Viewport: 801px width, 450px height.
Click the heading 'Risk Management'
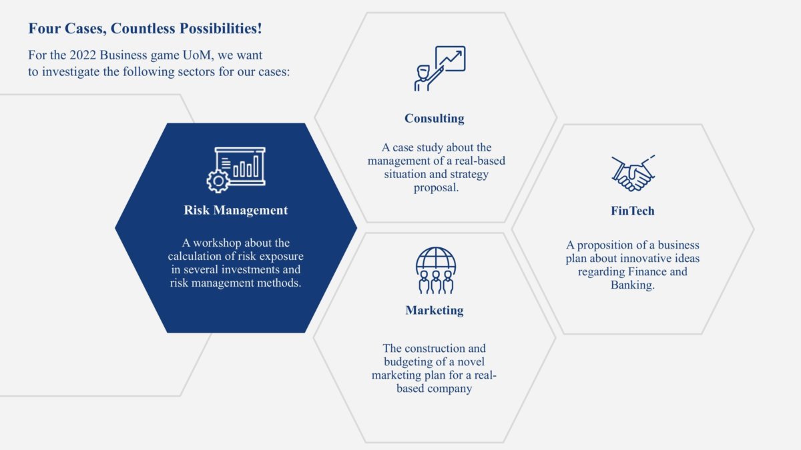pos(236,211)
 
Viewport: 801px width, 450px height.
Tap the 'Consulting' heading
pos(435,118)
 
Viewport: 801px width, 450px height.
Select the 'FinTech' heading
pos(633,211)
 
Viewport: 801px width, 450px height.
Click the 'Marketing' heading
pos(435,311)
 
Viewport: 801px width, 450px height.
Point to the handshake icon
pos(633,173)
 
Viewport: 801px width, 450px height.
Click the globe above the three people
pos(436,259)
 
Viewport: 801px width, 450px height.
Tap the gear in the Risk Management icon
pos(218,181)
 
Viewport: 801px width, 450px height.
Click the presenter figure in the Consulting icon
pos(426,78)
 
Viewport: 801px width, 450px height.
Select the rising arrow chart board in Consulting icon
pos(450,59)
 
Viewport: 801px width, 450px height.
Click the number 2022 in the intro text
pos(83,55)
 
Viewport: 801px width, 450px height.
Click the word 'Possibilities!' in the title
pos(221,29)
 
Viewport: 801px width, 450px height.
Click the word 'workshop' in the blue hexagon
pos(217,243)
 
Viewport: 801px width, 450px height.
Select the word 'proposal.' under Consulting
pos(437,188)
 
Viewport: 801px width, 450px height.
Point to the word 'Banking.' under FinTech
pos(633,285)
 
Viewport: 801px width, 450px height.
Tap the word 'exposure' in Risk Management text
pos(282,257)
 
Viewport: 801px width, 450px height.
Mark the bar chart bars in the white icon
pos(246,167)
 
